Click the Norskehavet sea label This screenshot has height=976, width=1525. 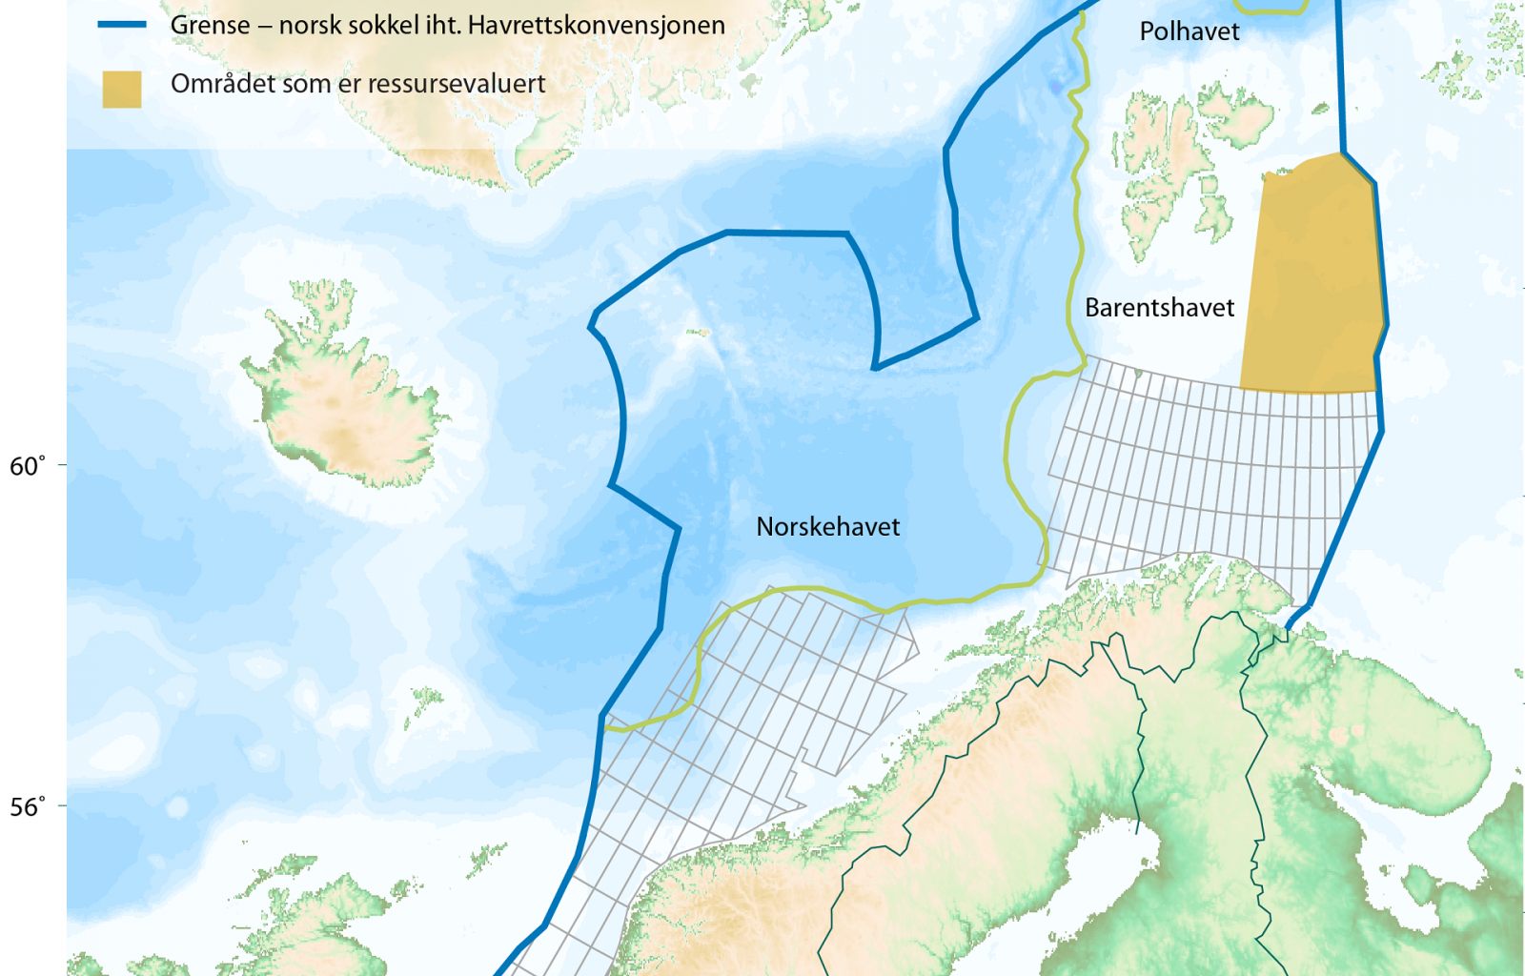tap(827, 527)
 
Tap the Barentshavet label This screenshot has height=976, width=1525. tap(1159, 308)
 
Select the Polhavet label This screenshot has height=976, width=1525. tap(1189, 31)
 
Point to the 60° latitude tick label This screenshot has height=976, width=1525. tap(28, 466)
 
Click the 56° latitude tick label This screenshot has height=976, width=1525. tap(28, 807)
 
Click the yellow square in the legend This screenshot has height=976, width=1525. tap(122, 89)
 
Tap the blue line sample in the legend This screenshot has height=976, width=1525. tap(122, 25)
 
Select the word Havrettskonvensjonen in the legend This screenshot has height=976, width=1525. tap(597, 25)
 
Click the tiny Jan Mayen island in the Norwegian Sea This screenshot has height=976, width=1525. tap(698, 333)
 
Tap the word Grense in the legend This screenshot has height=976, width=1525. tap(210, 25)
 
